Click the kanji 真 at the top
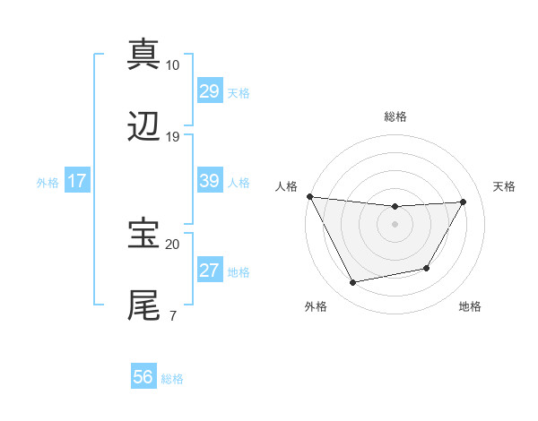[x=144, y=54]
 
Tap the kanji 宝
[x=144, y=234]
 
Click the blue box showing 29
[x=209, y=91]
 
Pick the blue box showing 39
[x=209, y=181]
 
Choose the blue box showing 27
[x=209, y=271]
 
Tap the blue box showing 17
[x=76, y=181]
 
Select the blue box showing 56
[x=143, y=378]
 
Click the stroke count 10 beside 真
[x=172, y=64]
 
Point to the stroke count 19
[x=172, y=137]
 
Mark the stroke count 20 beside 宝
[x=172, y=244]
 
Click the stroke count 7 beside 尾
[x=172, y=315]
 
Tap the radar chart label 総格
[x=395, y=116]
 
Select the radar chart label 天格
[x=505, y=186]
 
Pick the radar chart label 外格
[x=316, y=306]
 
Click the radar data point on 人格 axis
[x=309, y=196]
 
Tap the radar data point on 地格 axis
[x=427, y=268]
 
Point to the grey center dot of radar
[x=395, y=224]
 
